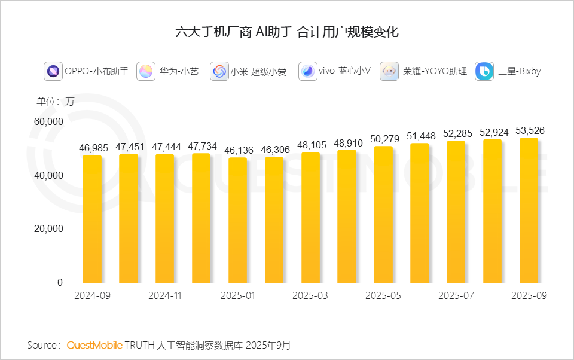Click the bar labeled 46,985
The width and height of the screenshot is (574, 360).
click(92, 219)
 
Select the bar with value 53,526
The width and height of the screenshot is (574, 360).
click(529, 210)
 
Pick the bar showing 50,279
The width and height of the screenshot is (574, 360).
click(383, 214)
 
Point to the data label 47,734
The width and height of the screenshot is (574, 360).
click(201, 147)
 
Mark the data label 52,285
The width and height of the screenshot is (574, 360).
click(456, 134)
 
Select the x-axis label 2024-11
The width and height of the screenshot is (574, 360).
click(164, 296)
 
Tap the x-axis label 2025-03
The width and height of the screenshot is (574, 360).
click(310, 296)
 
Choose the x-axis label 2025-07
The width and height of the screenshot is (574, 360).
click(456, 296)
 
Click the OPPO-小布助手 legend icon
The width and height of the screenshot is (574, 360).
click(53, 72)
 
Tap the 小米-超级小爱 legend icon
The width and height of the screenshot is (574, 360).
click(219, 72)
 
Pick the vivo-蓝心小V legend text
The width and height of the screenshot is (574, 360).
click(344, 72)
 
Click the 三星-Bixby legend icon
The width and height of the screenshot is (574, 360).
click(484, 72)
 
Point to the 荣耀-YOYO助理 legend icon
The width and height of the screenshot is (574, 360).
click(389, 72)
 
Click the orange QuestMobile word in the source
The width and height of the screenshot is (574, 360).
click(94, 346)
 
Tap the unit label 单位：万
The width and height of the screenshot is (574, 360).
click(55, 102)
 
